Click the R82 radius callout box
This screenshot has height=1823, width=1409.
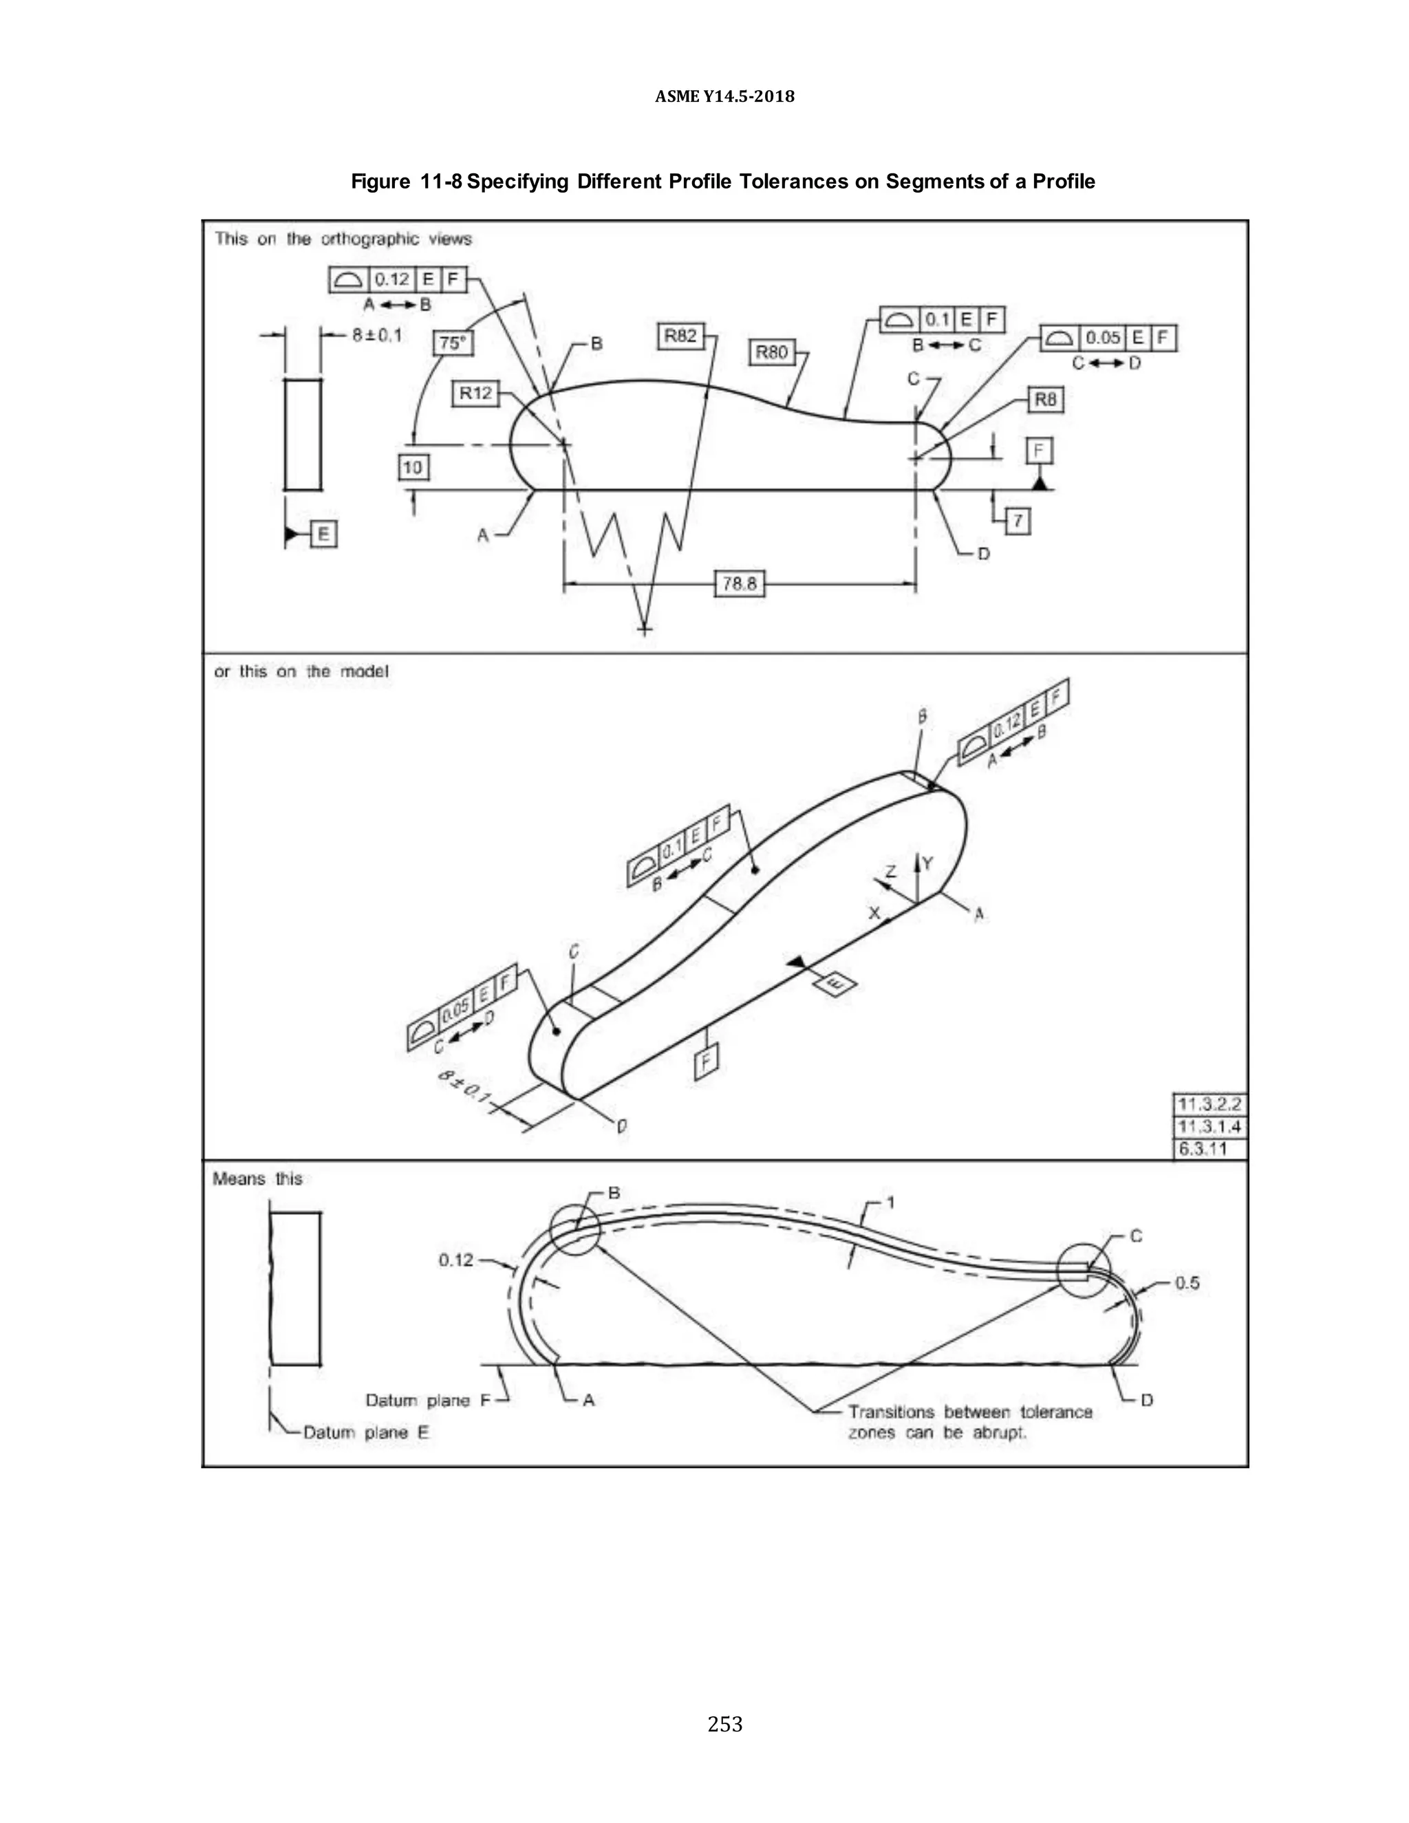680,336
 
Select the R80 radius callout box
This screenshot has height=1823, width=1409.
771,352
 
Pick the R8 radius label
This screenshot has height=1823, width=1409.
1045,400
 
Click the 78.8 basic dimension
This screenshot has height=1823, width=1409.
740,583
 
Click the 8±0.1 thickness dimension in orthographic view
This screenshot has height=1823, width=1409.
376,336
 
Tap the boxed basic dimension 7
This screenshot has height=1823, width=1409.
1018,521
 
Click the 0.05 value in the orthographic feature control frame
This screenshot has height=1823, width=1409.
1103,338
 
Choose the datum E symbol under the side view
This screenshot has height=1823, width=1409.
323,535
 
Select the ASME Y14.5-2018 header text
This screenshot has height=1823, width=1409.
724,97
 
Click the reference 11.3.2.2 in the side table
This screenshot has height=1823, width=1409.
1209,1104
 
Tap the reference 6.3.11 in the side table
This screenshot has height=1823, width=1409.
1202,1150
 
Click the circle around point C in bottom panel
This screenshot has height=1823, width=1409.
1084,1270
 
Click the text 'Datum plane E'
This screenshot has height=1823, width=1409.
365,1432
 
